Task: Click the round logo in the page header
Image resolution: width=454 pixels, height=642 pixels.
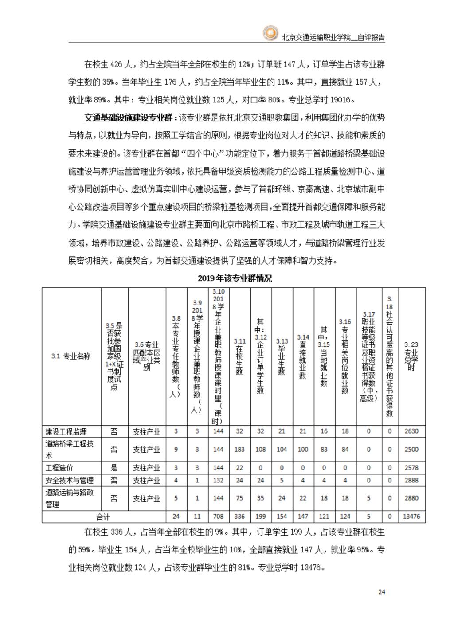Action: coord(270,33)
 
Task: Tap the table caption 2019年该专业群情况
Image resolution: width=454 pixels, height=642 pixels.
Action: coord(235,278)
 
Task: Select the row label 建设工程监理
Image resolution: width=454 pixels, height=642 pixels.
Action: coord(66,431)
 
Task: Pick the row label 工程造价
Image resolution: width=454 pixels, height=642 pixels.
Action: coord(59,468)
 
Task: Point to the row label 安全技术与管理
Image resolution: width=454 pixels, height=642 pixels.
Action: coord(70,480)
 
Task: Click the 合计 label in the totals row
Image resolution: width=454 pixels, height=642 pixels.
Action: coord(103,517)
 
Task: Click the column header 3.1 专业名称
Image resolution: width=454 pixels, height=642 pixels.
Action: coord(71,356)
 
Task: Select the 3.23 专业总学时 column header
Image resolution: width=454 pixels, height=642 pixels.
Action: coord(411,356)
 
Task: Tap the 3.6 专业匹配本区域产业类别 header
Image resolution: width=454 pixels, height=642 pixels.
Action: coord(147,356)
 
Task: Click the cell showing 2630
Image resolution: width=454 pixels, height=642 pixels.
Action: coord(411,431)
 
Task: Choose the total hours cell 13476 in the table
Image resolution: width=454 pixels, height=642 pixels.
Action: coord(411,517)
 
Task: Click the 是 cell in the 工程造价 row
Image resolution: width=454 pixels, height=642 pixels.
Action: coord(114,468)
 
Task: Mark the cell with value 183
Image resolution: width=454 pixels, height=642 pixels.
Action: coord(239,450)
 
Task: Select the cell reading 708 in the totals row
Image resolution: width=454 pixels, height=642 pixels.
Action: coord(218,517)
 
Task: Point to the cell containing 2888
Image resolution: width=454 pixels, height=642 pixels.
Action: coord(411,480)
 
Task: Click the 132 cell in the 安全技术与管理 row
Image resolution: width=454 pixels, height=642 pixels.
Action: coord(218,480)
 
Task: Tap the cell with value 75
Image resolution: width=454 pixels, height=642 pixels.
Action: coord(239,498)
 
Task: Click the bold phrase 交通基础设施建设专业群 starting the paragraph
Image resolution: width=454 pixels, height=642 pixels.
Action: coord(130,117)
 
